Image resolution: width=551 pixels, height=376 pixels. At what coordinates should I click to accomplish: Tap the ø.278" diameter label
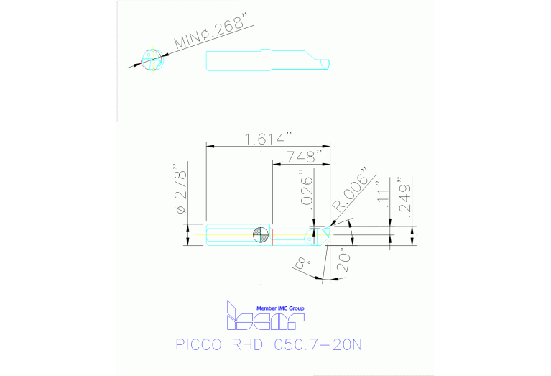[x=180, y=192]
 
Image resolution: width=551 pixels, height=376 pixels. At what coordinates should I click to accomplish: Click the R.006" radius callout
[x=350, y=191]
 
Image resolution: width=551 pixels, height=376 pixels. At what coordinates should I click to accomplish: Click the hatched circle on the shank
[x=261, y=234]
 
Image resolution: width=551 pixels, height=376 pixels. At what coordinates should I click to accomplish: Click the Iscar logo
[x=264, y=318]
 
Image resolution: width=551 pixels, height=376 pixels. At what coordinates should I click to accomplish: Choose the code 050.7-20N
[x=319, y=345]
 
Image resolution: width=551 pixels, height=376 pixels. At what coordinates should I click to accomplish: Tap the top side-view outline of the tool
[x=266, y=62]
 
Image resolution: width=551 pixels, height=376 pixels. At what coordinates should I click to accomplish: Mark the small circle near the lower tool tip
[x=314, y=229]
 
